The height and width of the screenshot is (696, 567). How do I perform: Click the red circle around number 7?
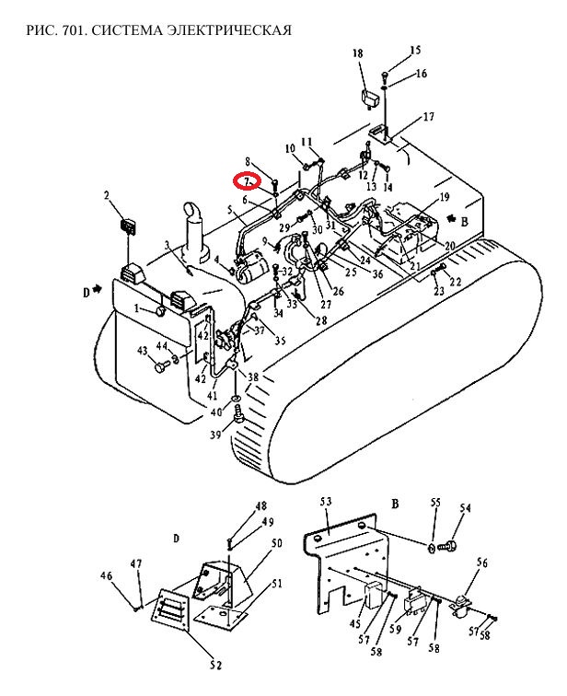coord(247,180)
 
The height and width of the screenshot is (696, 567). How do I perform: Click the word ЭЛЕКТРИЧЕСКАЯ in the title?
coord(230,30)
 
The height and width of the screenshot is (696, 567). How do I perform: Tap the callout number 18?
coord(357,53)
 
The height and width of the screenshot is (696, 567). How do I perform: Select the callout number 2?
coord(107,195)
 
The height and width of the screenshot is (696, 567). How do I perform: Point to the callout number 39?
coord(215,435)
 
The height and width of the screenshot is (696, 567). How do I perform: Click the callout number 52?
coord(215,665)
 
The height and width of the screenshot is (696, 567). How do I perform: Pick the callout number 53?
coord(326,502)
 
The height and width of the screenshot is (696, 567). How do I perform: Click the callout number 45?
coord(355,623)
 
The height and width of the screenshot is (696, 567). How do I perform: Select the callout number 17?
coord(429,117)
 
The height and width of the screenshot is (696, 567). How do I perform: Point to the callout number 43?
coord(142,351)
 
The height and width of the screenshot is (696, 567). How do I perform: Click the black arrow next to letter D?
coord(97,290)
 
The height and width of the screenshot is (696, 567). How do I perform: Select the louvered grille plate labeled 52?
coord(171,609)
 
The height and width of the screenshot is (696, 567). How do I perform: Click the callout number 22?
coord(456,282)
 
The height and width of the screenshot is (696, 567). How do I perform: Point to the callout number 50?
coord(277,542)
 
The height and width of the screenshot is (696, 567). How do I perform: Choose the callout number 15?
coord(415,50)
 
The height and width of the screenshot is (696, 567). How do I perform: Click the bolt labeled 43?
coord(161,366)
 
